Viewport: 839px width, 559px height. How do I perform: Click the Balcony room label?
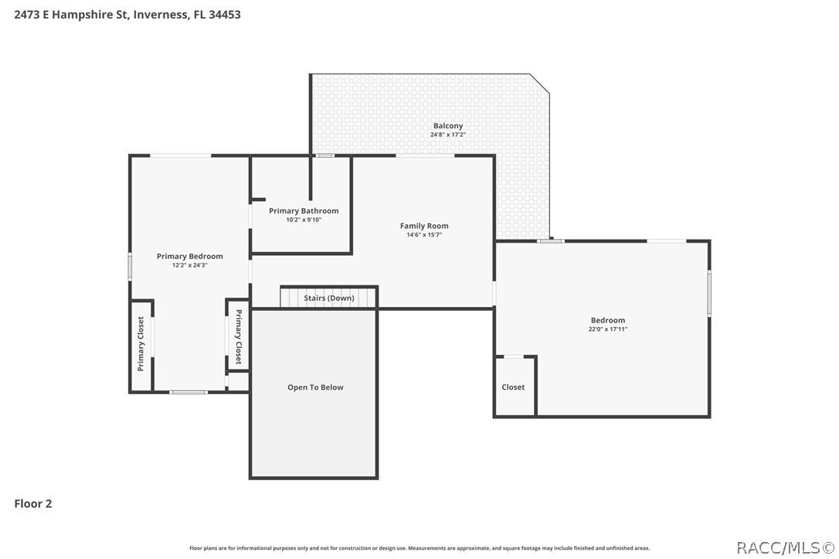(448, 125)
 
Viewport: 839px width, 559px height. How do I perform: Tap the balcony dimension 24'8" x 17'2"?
(448, 135)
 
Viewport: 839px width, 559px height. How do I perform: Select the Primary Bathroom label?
(304, 210)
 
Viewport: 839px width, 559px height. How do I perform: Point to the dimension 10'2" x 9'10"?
(304, 220)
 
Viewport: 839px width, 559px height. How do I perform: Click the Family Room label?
(424, 226)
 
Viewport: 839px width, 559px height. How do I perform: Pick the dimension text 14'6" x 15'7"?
(424, 235)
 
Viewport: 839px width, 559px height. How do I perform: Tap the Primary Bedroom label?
(190, 256)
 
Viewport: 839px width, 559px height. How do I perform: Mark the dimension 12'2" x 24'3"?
(190, 265)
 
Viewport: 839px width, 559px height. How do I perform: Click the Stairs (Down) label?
(329, 298)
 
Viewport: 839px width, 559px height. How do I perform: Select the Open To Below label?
(315, 387)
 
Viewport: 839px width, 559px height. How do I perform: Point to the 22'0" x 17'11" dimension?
(608, 329)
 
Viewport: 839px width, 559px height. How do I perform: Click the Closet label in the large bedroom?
(513, 387)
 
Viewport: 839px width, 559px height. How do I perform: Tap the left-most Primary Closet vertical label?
(141, 344)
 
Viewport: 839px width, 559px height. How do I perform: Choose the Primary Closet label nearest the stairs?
(238, 337)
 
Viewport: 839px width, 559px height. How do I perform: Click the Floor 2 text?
(33, 503)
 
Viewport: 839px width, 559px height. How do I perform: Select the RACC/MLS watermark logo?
(784, 547)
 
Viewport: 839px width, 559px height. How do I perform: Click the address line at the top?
(127, 14)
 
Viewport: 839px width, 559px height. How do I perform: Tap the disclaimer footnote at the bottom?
(419, 547)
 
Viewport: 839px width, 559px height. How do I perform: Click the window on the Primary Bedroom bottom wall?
(189, 392)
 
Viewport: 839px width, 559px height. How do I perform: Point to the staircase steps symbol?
(290, 297)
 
